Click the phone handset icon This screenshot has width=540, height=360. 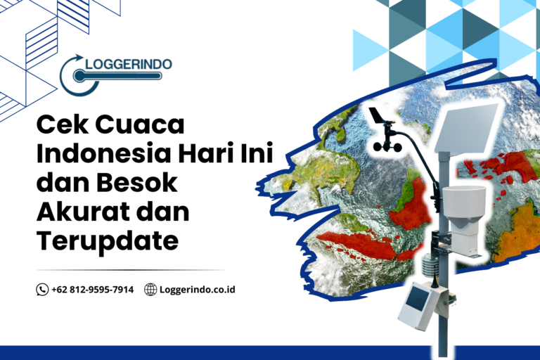42,290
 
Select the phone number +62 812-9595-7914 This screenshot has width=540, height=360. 92,290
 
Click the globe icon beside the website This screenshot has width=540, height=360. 150,290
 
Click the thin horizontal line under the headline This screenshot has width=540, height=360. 130,269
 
